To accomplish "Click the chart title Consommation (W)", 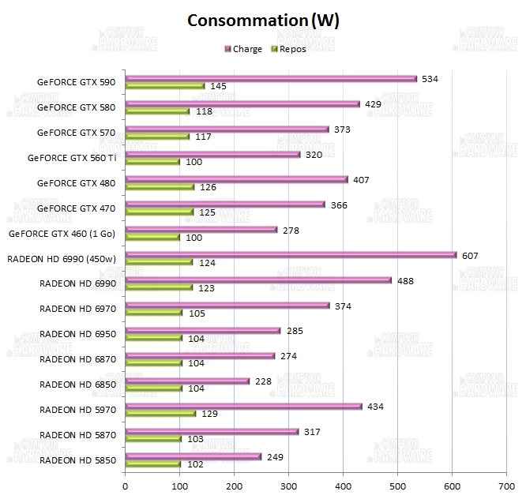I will pos(263,21).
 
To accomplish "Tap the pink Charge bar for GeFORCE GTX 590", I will pos(271,79).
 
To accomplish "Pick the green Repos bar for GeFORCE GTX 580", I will pos(157,111).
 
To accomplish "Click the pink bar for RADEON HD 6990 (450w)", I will pos(291,255).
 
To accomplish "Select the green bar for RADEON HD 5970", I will pos(160,414).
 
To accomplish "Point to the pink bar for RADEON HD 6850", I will pos(187,381).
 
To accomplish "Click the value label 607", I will pos(472,255).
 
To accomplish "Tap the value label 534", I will pos(430,79).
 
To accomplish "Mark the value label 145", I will pos(219,86).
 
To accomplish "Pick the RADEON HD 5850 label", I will pos(77,460).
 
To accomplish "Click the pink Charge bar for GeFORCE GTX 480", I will pos(236,179).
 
